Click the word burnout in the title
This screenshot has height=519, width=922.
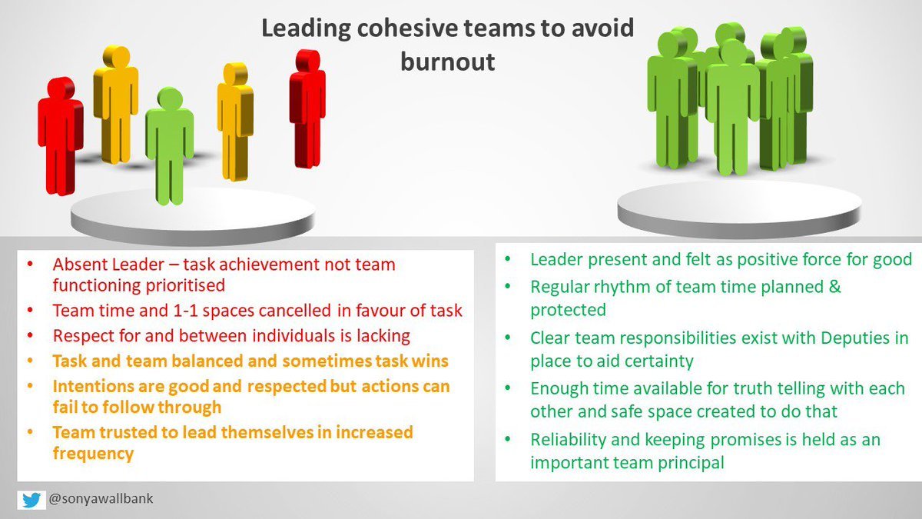(x=448, y=62)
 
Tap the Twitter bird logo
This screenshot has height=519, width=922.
(x=32, y=500)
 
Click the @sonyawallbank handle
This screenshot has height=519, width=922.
(x=101, y=498)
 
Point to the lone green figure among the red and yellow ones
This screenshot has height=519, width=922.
(x=170, y=145)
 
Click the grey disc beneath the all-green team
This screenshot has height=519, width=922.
(x=739, y=208)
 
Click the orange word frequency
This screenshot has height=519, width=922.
(x=94, y=454)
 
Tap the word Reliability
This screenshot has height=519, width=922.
(x=568, y=440)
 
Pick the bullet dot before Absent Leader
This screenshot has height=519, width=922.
(x=30, y=264)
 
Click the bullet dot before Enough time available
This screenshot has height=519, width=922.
(x=508, y=388)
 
